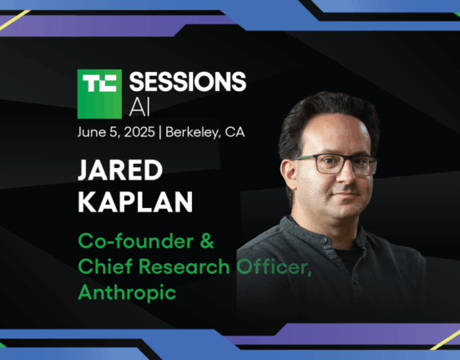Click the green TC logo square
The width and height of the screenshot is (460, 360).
(x=99, y=94)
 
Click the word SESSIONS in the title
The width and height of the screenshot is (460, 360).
(x=188, y=82)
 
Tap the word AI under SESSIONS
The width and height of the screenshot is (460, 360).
(x=139, y=107)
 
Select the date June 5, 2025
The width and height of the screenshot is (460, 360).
(x=116, y=132)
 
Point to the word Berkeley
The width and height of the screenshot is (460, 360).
(x=193, y=132)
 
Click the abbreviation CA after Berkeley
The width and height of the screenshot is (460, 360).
(x=235, y=132)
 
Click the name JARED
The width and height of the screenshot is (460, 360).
(x=120, y=170)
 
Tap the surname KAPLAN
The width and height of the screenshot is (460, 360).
(x=135, y=202)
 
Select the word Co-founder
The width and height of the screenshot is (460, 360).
(x=136, y=241)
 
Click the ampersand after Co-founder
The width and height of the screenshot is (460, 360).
(x=207, y=241)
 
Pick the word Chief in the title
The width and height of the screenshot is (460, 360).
(x=105, y=266)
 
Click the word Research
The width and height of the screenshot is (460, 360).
(x=184, y=266)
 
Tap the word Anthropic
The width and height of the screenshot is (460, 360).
(x=127, y=292)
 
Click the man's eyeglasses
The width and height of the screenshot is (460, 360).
(x=336, y=165)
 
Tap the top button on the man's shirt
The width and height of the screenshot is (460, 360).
(x=323, y=241)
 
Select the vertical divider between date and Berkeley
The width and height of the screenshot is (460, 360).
(x=160, y=133)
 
